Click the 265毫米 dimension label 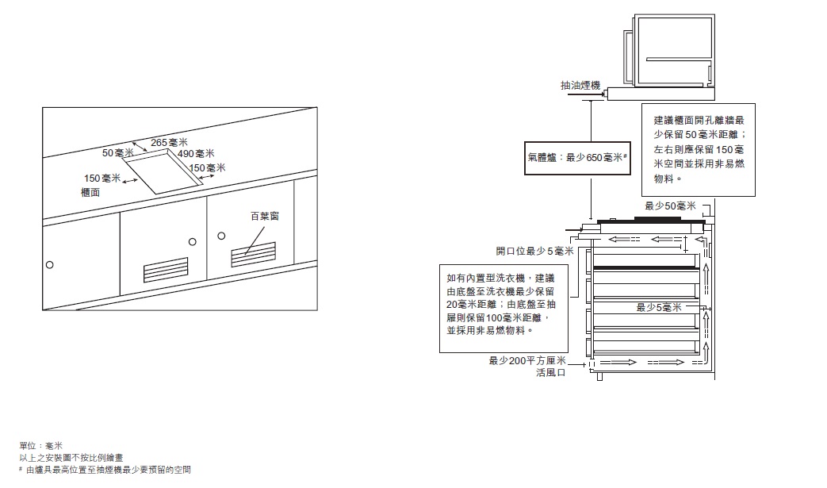click(170, 143)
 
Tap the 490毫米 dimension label click(196, 153)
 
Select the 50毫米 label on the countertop click(117, 153)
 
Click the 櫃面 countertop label click(90, 193)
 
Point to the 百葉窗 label click(265, 217)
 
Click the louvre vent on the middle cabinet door click(166, 270)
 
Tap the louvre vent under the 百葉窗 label click(253, 255)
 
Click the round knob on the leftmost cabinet click(50, 265)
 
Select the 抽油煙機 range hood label click(580, 86)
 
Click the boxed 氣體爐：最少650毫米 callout click(577, 158)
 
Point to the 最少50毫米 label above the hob click(670, 206)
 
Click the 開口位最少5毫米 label click(534, 251)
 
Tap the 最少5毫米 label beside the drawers click(659, 308)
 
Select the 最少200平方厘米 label click(527, 361)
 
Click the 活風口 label click(550, 372)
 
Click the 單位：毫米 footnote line click(41, 446)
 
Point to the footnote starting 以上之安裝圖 click(71, 458)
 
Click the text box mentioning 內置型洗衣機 click(503, 309)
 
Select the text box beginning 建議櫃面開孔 click(699, 150)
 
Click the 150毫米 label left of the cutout click(102, 179)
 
